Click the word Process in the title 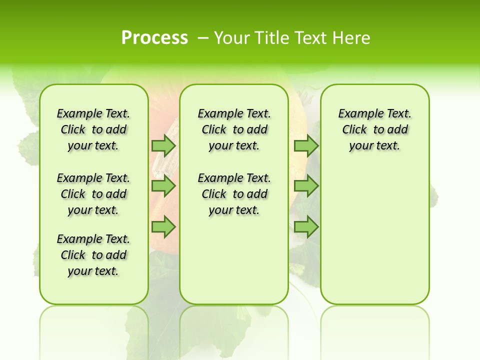tap(154, 37)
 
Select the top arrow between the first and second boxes tap(163, 145)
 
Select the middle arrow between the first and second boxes tap(163, 186)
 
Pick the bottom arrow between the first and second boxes tap(163, 227)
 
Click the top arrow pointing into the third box tap(306, 145)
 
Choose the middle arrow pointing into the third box tap(306, 186)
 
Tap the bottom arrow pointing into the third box tap(306, 227)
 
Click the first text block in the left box tap(93, 129)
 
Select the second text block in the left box tap(93, 194)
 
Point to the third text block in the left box tap(93, 255)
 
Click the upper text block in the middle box tap(234, 129)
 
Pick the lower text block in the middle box tap(234, 194)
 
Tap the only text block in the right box tap(374, 129)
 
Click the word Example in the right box tap(358, 113)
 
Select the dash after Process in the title tap(203, 37)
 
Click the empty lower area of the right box tap(374, 240)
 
